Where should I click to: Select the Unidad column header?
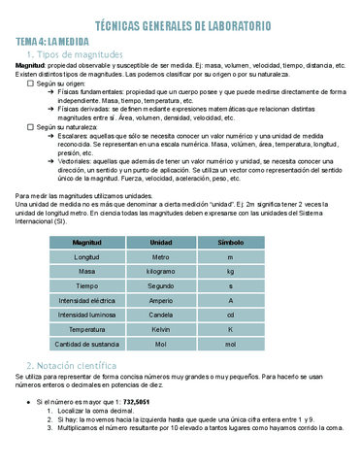[160, 241]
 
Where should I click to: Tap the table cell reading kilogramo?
[160, 273]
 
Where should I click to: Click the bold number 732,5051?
[142, 401]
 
